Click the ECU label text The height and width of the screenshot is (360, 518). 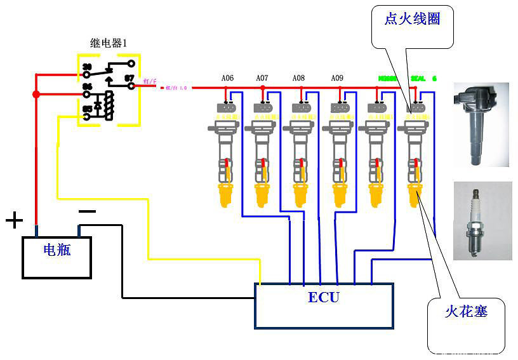323,297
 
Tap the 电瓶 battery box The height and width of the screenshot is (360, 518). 57,257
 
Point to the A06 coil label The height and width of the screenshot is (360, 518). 227,78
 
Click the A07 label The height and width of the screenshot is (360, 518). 262,78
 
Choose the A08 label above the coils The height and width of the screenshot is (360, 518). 298,78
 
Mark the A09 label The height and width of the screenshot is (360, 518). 337,78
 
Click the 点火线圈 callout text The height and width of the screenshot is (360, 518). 413,18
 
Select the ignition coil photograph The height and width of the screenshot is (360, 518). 481,124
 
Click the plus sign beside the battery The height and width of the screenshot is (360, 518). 14,221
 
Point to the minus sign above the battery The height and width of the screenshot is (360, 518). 87,211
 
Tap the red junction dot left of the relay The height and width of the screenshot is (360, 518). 36,95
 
